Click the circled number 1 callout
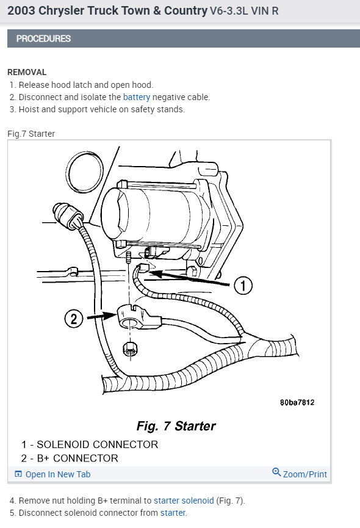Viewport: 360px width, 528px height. (x=243, y=284)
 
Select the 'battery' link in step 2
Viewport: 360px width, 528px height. (x=136, y=97)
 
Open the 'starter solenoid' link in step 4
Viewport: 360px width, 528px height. (x=184, y=501)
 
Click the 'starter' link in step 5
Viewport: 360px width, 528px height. (x=173, y=513)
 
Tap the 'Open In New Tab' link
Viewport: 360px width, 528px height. (x=57, y=474)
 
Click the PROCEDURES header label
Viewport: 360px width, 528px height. (x=43, y=38)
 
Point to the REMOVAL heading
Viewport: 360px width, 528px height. (x=27, y=72)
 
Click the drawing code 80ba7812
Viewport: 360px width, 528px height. (x=297, y=403)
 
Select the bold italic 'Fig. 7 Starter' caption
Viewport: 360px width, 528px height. (x=175, y=425)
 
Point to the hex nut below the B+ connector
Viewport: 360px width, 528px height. (x=129, y=350)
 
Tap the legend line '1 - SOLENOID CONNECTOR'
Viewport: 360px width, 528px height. (x=90, y=444)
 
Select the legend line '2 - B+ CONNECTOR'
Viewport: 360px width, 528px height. (x=70, y=458)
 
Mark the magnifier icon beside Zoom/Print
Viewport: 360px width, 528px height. (x=276, y=473)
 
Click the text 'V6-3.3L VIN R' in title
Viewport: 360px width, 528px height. (x=244, y=12)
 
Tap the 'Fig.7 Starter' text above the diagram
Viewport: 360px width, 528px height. (x=31, y=134)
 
